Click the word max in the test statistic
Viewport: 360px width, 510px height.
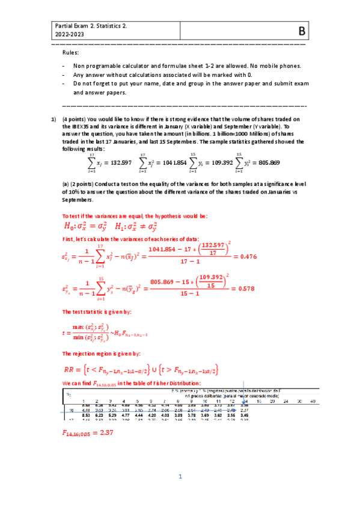tap(79, 325)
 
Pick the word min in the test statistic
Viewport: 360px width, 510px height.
tap(78, 336)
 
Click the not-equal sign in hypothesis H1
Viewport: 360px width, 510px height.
tap(138, 227)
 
